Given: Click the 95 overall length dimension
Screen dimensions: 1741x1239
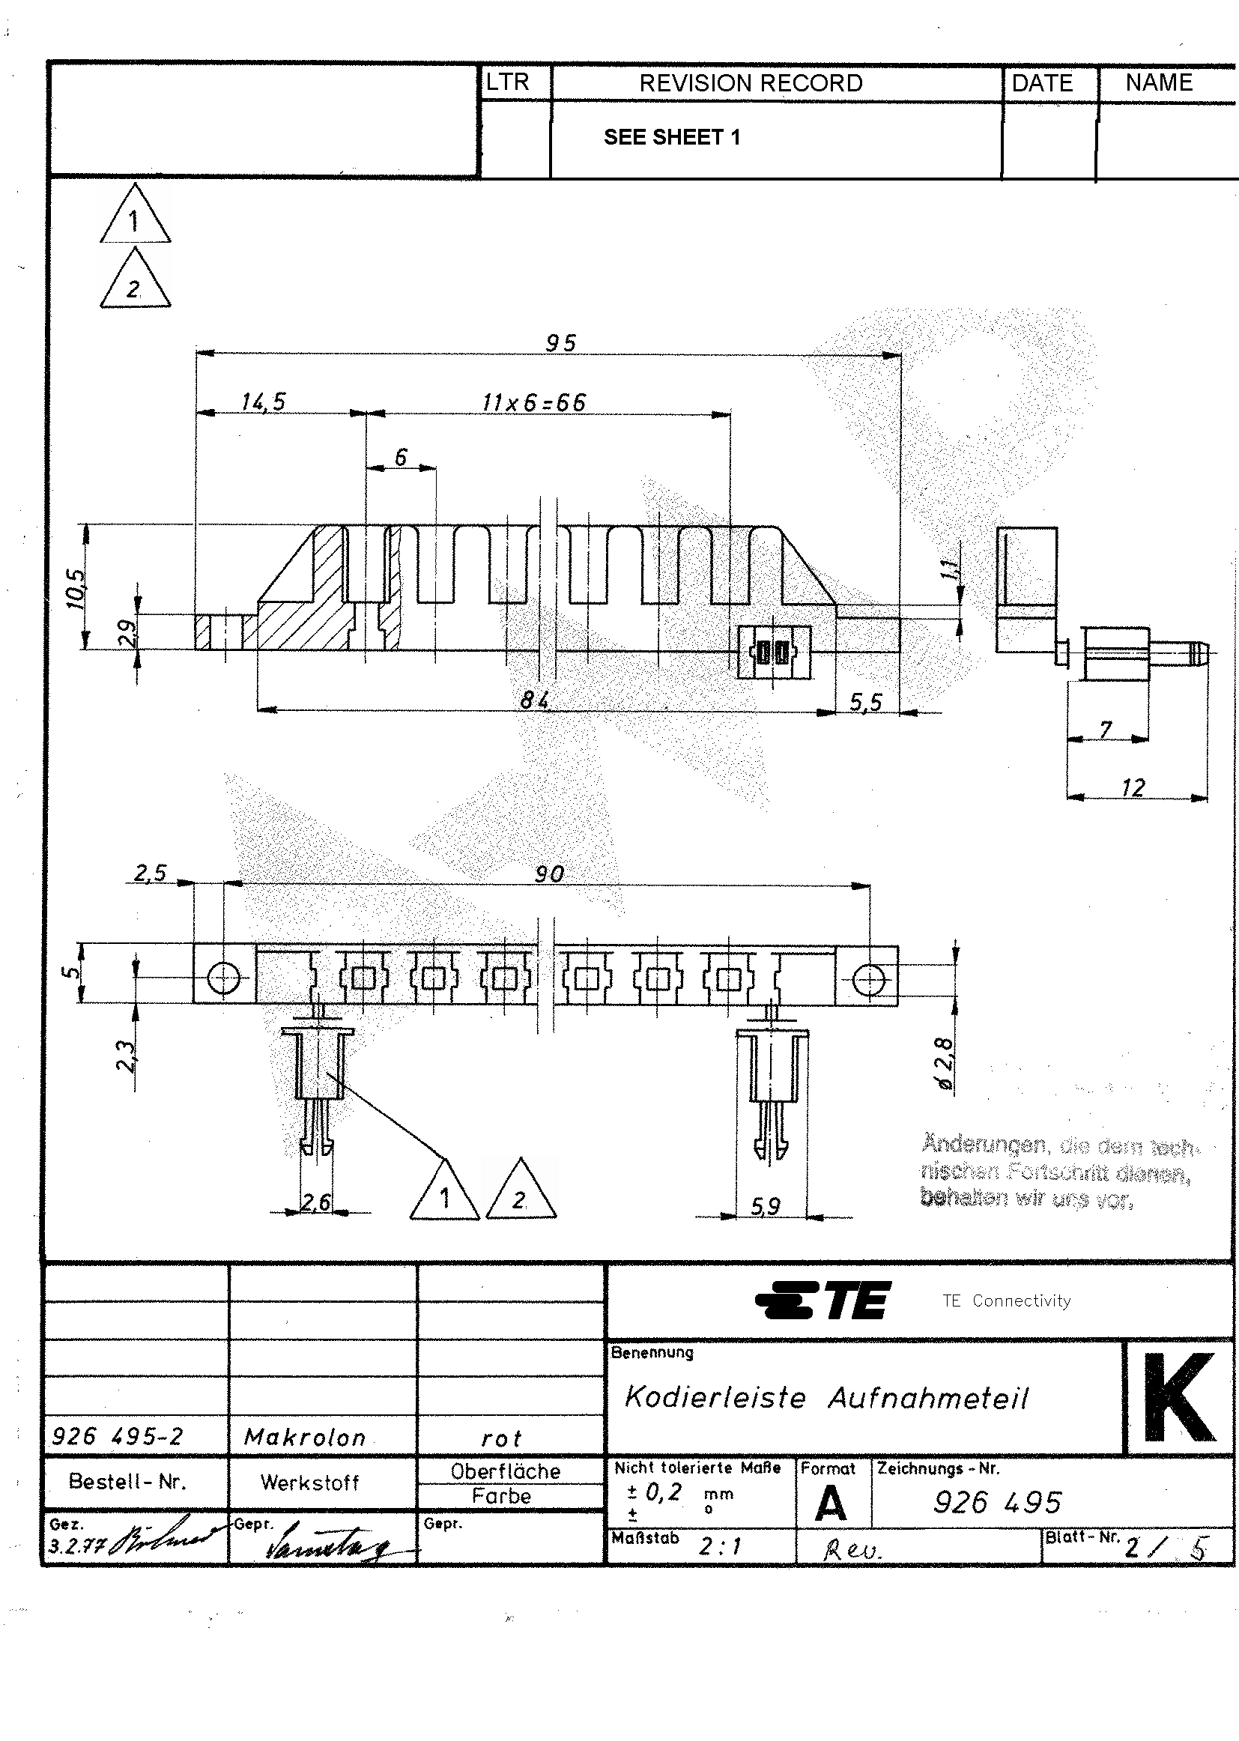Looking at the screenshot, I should (x=561, y=343).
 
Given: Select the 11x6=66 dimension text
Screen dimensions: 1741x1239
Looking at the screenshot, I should (x=534, y=402).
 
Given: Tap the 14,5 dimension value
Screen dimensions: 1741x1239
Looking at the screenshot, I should (x=263, y=402).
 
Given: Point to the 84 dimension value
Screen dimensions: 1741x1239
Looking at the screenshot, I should (x=535, y=700).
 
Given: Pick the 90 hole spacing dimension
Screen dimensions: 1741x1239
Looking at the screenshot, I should (x=549, y=873).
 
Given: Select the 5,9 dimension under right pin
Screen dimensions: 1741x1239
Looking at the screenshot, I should (x=766, y=1206).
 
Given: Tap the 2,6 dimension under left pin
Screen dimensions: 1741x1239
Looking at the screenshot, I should (x=316, y=1202).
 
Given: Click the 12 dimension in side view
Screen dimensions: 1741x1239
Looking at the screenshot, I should (x=1133, y=787).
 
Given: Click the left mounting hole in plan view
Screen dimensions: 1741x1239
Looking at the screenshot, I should (x=223, y=978).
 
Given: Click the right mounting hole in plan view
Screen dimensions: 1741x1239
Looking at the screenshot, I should (x=868, y=979).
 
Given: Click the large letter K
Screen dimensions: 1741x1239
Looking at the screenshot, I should (x=1179, y=1398).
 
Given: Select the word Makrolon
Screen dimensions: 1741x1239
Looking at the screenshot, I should (x=305, y=1438).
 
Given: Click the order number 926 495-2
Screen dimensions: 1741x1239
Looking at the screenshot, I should (x=118, y=1437).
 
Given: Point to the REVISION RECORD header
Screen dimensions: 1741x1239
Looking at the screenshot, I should (x=751, y=83).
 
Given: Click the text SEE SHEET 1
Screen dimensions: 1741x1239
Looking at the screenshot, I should (x=671, y=137).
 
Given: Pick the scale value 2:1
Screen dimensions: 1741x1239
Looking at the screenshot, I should (x=720, y=1546).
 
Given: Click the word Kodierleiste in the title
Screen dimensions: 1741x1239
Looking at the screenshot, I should (x=715, y=1398).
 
